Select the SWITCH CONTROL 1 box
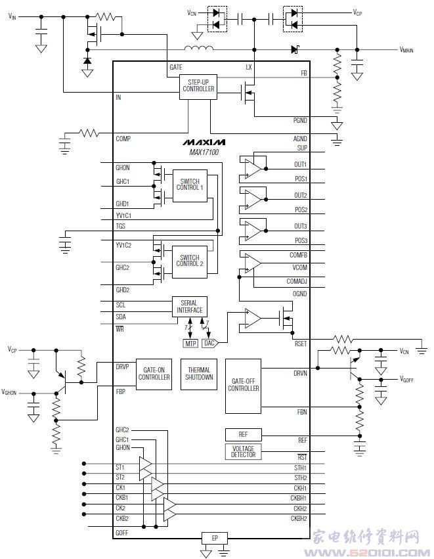pyautogui.click(x=189, y=186)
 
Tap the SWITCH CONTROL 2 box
pyautogui.click(x=189, y=260)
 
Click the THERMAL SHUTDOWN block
pyautogui.click(x=199, y=374)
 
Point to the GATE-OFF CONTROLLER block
pyautogui.click(x=243, y=386)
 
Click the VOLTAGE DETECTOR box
pyautogui.click(x=243, y=451)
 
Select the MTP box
pyautogui.click(x=190, y=343)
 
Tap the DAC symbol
pyautogui.click(x=209, y=343)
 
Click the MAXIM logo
pyautogui.click(x=204, y=142)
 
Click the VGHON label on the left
pyautogui.click(x=10, y=392)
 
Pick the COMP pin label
pyautogui.click(x=123, y=139)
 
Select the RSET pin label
pyautogui.click(x=301, y=344)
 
